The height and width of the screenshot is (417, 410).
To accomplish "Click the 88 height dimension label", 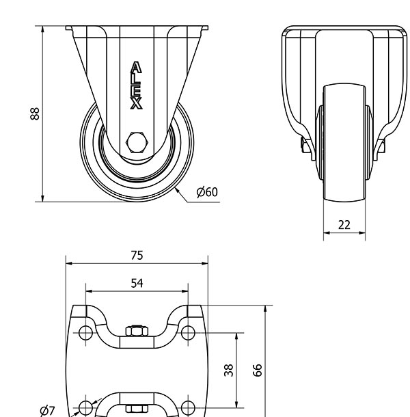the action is point(35,114).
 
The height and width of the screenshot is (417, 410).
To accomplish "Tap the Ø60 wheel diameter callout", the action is point(207,192).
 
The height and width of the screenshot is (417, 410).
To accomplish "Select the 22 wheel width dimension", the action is point(344,225).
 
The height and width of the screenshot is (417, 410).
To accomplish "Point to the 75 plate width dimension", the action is point(137,255).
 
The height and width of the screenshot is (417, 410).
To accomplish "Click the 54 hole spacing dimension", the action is point(137,283).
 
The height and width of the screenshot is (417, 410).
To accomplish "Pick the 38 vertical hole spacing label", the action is point(229,371).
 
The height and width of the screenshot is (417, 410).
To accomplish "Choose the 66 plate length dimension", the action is point(258,371).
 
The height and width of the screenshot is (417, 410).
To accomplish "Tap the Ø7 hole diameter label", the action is point(47,411).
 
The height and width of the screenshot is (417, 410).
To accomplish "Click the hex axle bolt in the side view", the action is point(137,142).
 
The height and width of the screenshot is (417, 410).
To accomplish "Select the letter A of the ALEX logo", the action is point(136,67).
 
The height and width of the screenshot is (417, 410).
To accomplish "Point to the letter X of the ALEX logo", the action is point(136,103).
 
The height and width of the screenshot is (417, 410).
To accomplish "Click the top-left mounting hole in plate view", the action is point(85,333).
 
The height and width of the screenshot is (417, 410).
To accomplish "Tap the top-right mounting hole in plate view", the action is point(188,333).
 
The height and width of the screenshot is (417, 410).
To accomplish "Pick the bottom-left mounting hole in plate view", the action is point(85,407).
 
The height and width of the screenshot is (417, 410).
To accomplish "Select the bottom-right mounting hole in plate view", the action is point(188,407).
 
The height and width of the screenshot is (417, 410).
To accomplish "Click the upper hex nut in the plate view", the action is point(137,331).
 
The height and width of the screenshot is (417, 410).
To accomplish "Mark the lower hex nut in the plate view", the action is point(137,409).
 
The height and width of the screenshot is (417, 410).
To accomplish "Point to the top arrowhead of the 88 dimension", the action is point(42,30).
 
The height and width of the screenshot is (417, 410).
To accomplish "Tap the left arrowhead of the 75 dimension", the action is point(70,264).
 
